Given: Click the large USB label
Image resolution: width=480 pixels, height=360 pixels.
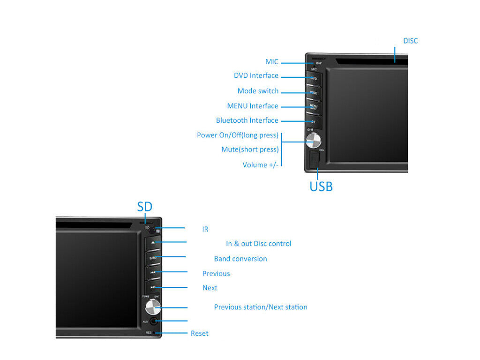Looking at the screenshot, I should pos(321,187).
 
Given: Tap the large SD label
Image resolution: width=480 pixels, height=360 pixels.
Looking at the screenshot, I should pos(144,207).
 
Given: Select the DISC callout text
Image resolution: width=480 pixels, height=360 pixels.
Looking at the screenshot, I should pos(410,41).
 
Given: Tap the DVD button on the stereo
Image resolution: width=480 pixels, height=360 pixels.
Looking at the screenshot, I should pos(313,79).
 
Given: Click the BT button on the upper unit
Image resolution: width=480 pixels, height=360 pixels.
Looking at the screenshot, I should pos(313,121).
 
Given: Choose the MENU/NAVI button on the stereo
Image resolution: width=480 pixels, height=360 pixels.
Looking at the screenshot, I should pos(313,107).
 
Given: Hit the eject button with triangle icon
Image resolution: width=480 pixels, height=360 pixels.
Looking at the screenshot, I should pos(153,243).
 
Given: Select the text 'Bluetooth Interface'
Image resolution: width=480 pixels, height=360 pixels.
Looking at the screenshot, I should pos(247,120).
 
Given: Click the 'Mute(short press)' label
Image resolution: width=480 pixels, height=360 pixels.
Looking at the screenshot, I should pos(250,150).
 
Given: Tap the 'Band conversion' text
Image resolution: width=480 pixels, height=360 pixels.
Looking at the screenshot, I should pos(240,259).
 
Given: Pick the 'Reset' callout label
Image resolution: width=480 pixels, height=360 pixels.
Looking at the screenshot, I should pos(199,333).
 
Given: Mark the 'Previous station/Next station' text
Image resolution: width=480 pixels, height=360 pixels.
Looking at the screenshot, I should pos(261,307).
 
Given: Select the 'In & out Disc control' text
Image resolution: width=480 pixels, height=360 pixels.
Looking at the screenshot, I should pos(258,244).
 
